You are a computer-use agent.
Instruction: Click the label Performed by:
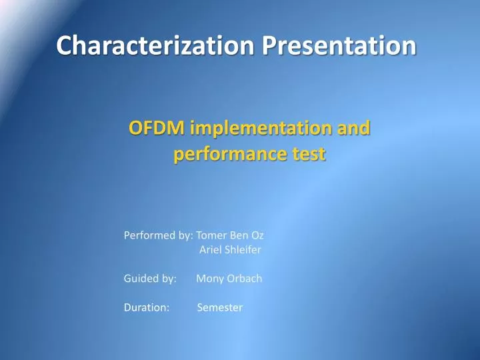159,235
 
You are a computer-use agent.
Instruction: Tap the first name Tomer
212,235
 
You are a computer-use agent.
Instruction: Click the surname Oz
258,235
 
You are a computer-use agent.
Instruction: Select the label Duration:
147,307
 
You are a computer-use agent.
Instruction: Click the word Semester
221,307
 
